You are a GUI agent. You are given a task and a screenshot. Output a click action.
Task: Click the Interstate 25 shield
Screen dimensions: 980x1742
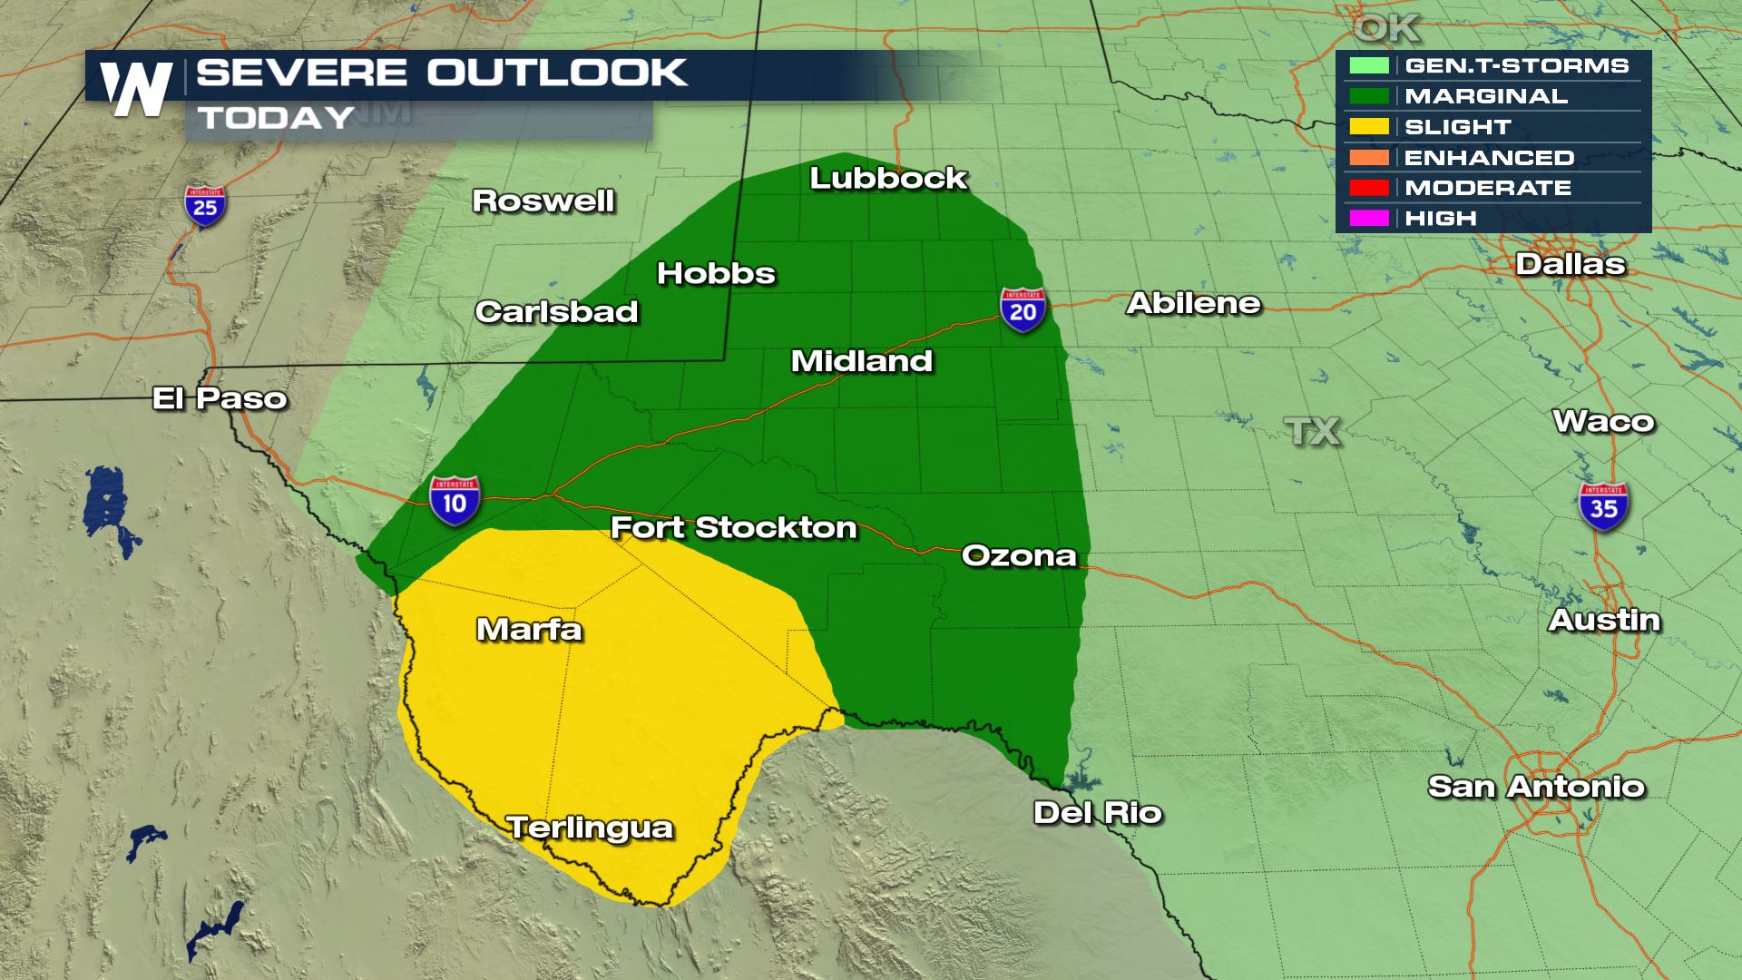[205, 207]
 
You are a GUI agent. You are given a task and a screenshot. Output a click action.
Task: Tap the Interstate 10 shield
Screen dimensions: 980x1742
[455, 500]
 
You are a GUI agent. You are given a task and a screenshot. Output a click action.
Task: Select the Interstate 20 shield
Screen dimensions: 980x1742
[1023, 309]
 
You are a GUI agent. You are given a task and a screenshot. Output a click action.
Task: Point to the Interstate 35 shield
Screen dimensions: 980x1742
[1603, 506]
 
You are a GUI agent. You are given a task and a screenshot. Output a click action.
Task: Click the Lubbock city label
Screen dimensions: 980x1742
[888, 178]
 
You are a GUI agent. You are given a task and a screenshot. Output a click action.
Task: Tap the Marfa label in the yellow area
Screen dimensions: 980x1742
[529, 629]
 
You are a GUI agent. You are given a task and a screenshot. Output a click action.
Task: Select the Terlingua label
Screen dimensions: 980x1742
[590, 828]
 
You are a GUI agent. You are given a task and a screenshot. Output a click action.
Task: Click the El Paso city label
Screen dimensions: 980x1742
[220, 398]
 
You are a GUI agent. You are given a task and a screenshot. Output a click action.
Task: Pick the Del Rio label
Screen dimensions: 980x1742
[1098, 812]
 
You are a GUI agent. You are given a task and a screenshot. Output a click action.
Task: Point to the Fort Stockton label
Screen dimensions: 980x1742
[733, 527]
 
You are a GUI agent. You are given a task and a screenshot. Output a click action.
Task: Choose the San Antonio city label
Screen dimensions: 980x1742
[1536, 786]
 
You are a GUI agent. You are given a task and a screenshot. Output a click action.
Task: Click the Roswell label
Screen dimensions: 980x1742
[543, 201]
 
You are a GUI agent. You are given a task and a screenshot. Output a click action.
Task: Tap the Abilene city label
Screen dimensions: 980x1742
[1193, 303]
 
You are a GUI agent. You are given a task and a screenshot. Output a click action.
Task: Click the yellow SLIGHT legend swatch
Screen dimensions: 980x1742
[1368, 127]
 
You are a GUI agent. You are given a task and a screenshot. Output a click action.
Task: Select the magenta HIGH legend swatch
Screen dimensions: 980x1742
[1368, 219]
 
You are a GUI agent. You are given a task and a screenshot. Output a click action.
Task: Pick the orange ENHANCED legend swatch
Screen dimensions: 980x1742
[1368, 158]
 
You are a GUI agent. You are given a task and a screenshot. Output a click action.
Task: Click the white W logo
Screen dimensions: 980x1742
[136, 89]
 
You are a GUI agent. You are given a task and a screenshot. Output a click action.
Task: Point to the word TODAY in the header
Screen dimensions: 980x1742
[277, 118]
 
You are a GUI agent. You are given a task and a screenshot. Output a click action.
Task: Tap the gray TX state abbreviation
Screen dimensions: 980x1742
[1313, 431]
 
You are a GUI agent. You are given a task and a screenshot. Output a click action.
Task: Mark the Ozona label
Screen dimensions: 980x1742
[1018, 555]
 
